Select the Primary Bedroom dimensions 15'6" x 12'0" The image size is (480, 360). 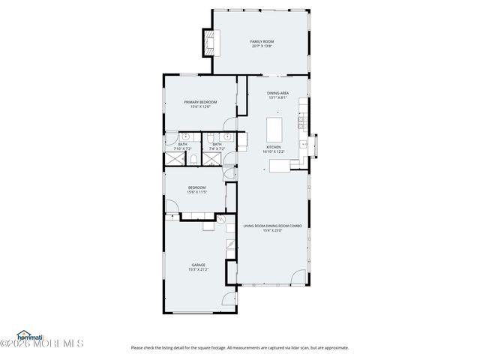(200, 106)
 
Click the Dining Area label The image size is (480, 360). (278, 93)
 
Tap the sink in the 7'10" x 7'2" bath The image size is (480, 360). (184, 137)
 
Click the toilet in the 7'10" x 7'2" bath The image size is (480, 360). (193, 160)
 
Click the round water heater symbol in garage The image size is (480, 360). (221, 220)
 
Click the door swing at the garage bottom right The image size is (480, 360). (229, 302)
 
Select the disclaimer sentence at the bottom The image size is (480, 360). (239, 347)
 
